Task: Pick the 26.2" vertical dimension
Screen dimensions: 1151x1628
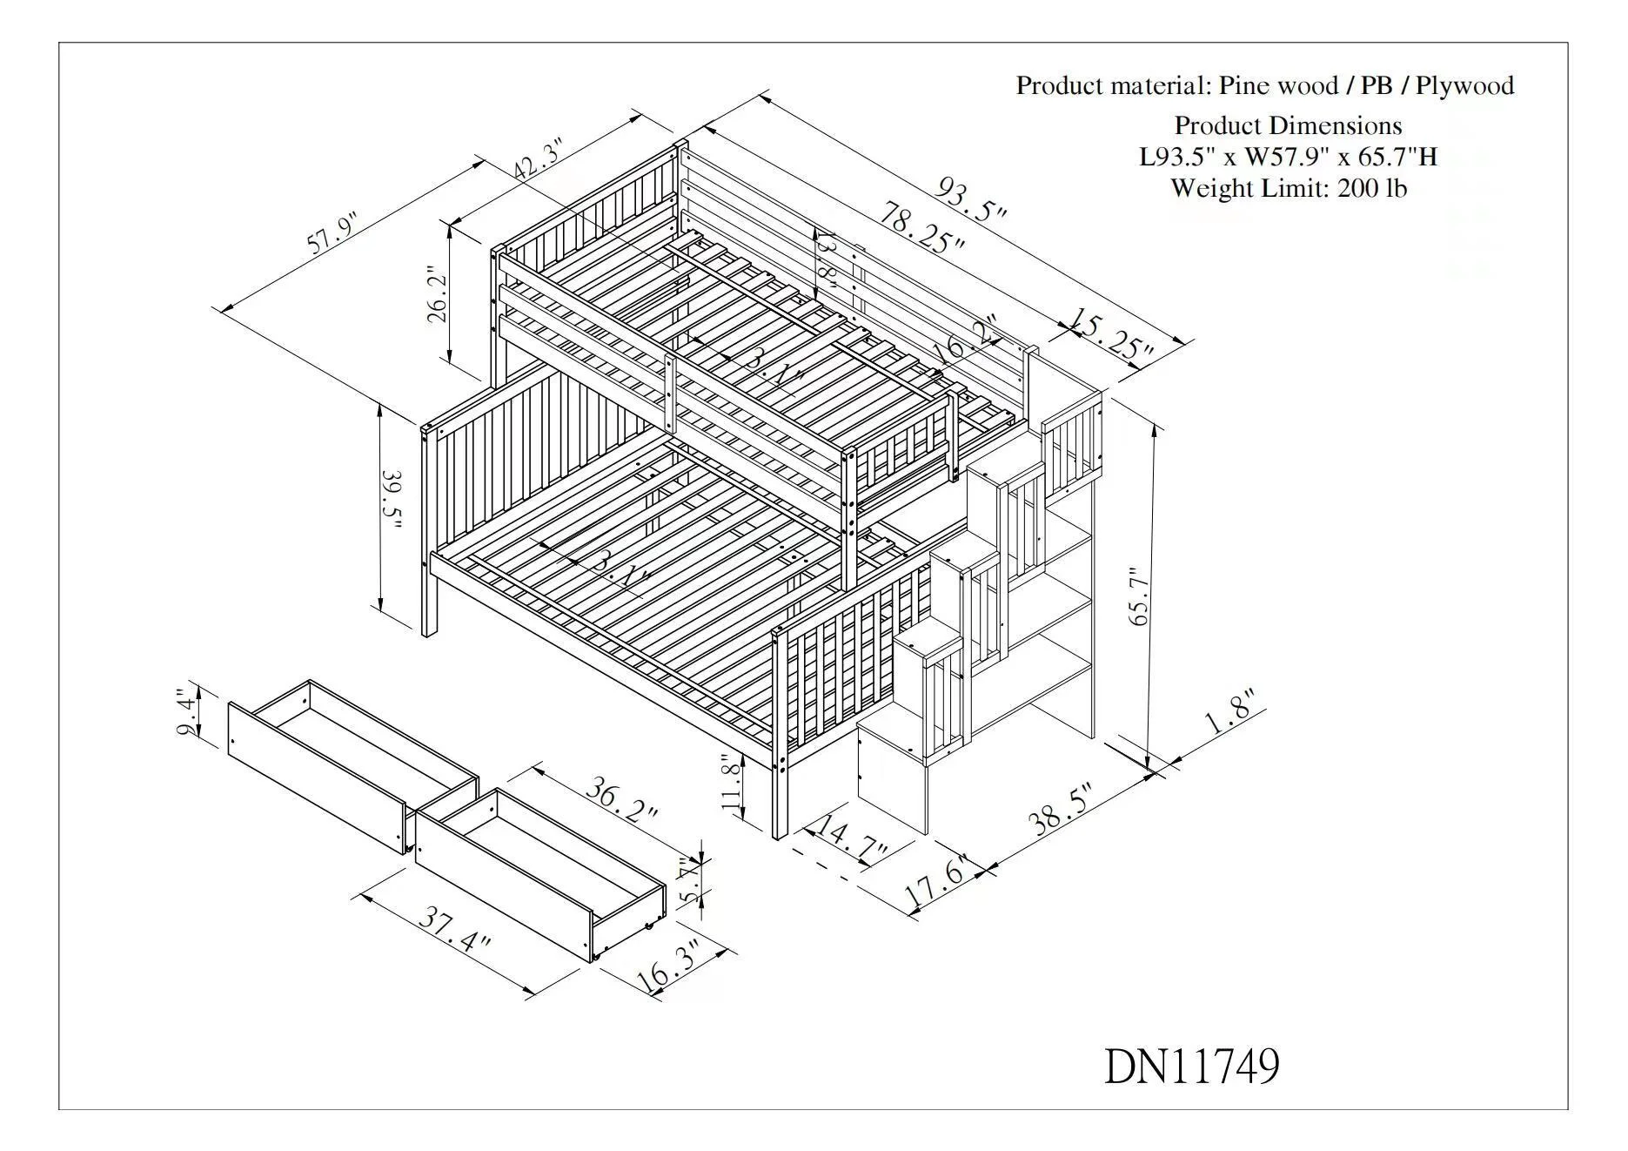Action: click(438, 296)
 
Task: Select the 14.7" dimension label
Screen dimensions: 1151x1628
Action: click(847, 838)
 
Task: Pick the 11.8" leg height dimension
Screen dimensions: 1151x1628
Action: click(733, 783)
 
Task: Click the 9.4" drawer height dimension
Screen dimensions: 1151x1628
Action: click(186, 712)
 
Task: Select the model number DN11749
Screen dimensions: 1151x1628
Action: click(1191, 1066)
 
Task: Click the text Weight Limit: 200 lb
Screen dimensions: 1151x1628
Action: click(1288, 188)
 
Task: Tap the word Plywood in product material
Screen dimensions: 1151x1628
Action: click(1464, 85)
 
